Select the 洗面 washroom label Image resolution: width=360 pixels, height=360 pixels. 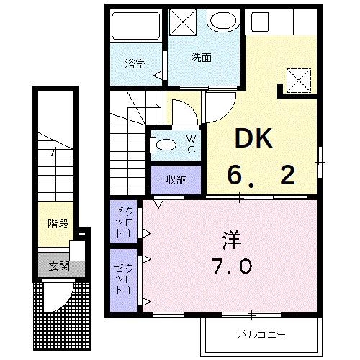pos(201,58)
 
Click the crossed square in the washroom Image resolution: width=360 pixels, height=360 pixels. pos(183,22)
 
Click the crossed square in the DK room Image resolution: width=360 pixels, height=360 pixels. pos(298,78)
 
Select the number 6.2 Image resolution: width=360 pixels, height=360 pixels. pos(261,174)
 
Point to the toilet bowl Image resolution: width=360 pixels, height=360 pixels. pos(163,144)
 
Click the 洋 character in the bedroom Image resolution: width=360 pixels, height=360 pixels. pos(231,236)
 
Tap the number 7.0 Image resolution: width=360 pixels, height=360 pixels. pos(231,267)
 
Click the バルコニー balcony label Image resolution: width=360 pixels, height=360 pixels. pos(262,335)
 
